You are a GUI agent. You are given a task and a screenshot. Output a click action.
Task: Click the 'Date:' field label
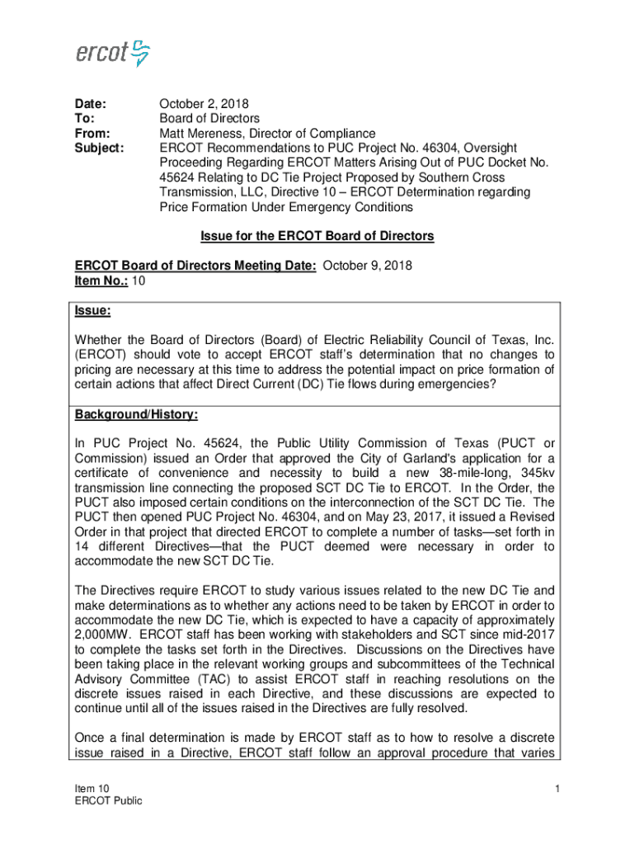point(91,104)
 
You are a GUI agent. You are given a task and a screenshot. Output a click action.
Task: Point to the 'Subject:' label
point(100,149)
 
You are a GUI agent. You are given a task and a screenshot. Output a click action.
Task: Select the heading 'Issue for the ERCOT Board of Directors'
point(317,237)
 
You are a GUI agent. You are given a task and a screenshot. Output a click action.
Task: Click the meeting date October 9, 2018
point(367,266)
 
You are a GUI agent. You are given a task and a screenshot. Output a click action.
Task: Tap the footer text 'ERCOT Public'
point(108,800)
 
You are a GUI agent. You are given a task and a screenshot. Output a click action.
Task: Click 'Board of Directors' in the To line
point(209,119)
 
